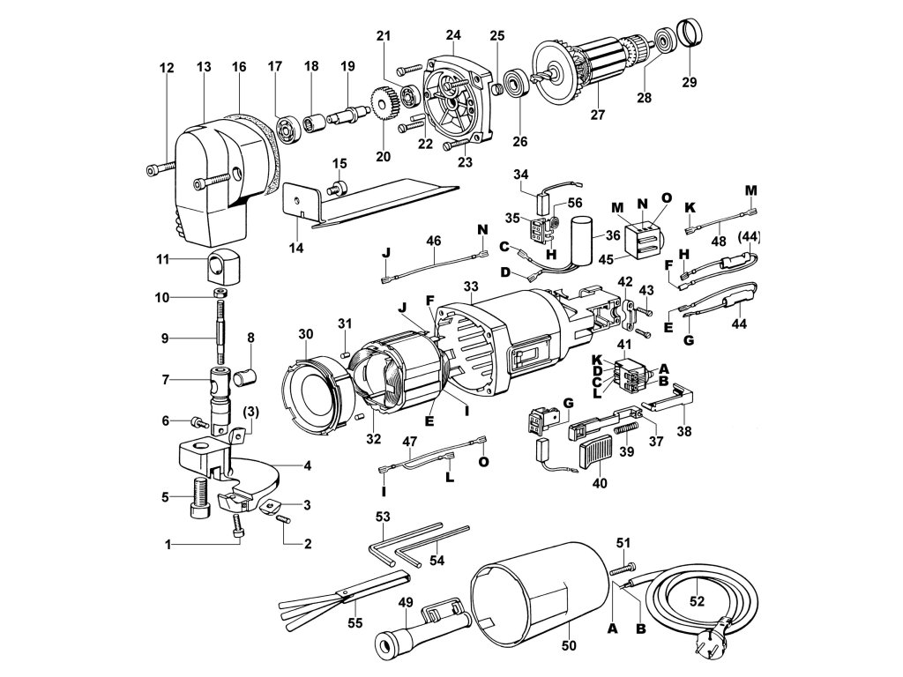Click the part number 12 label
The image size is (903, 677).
coord(167,68)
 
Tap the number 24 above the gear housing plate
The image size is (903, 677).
coord(453,35)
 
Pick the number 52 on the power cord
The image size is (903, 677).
coord(697,601)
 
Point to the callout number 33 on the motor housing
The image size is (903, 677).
coord(471,286)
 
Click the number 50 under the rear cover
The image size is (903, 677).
coord(569,645)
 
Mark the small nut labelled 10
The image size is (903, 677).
coord(219,294)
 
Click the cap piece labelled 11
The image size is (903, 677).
coord(223,268)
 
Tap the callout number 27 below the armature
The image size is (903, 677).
coord(598,115)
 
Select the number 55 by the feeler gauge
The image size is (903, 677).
coord(355,623)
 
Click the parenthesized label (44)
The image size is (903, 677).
coord(749,236)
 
